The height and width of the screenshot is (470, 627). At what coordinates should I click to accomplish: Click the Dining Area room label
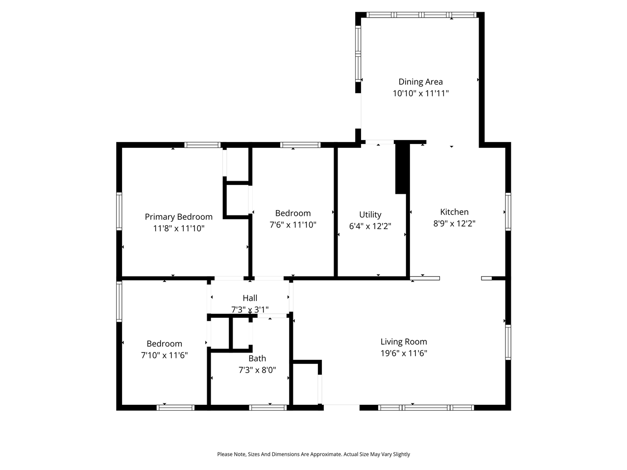pyautogui.click(x=420, y=82)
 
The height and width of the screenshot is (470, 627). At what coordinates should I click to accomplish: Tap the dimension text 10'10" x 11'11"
pyautogui.click(x=420, y=93)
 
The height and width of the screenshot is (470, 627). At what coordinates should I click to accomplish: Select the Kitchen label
pyautogui.click(x=454, y=212)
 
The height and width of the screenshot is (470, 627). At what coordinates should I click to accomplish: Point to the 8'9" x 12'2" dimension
pyautogui.click(x=454, y=223)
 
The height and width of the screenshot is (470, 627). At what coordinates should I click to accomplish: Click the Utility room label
pyautogui.click(x=370, y=214)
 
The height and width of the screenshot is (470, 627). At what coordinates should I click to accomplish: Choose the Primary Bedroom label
pyautogui.click(x=178, y=217)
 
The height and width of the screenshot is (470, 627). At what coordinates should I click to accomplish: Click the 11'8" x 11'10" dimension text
pyautogui.click(x=178, y=228)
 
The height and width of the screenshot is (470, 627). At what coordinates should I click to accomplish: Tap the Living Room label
pyautogui.click(x=404, y=342)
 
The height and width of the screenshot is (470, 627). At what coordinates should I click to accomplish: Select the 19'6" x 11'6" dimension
pyautogui.click(x=404, y=353)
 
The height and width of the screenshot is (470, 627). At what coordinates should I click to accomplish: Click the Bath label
pyautogui.click(x=257, y=358)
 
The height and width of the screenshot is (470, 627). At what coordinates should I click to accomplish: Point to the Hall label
pyautogui.click(x=249, y=298)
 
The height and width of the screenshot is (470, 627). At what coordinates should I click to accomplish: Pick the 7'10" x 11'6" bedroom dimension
pyautogui.click(x=164, y=355)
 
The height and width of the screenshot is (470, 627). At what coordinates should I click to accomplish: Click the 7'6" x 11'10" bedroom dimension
pyautogui.click(x=293, y=225)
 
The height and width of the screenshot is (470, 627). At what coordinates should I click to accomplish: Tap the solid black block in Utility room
pyautogui.click(x=402, y=168)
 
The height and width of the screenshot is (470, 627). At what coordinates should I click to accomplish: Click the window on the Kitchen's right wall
pyautogui.click(x=508, y=211)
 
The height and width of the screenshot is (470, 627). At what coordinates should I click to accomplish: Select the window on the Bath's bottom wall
pyautogui.click(x=268, y=407)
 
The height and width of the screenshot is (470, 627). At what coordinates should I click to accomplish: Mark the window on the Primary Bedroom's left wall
pyautogui.click(x=119, y=211)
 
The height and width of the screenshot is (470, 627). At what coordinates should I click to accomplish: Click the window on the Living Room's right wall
pyautogui.click(x=508, y=342)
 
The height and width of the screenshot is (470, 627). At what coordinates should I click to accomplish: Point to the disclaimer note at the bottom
pyautogui.click(x=313, y=454)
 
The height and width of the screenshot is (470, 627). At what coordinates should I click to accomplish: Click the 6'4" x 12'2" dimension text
pyautogui.click(x=370, y=226)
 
